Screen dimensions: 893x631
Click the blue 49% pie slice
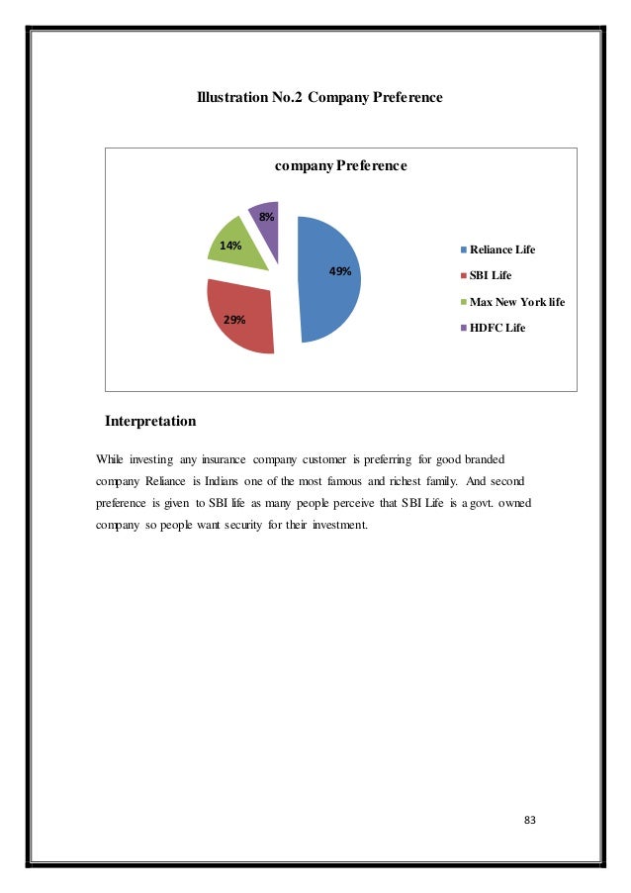(326, 297)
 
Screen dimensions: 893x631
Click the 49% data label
(340, 270)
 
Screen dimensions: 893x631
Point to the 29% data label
(234, 320)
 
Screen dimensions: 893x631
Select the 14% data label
(230, 245)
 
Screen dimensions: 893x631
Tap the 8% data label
(267, 216)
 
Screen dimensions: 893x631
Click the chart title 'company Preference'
(340, 165)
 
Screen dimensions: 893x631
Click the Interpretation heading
(150, 422)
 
